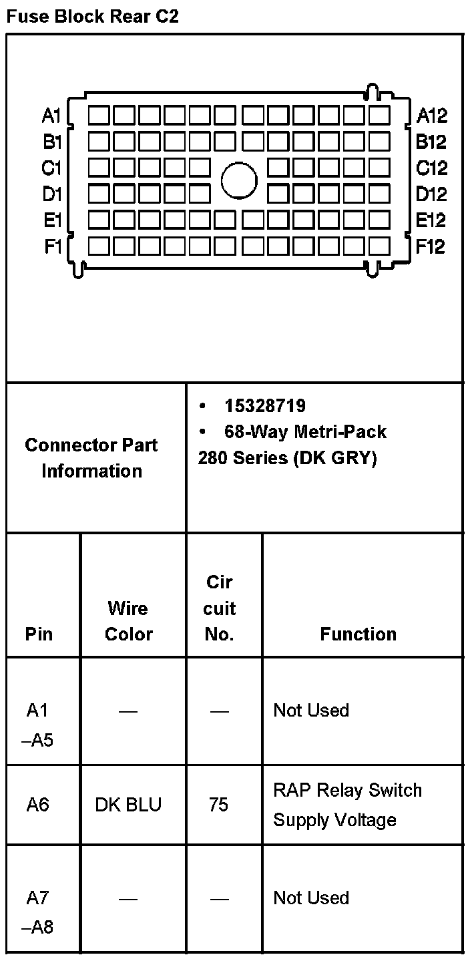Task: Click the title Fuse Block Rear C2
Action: pos(92,17)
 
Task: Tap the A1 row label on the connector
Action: pos(51,116)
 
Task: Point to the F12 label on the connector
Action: pos(431,247)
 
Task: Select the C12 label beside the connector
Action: pos(431,168)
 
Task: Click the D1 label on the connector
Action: pos(51,194)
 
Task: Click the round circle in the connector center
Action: pos(239,181)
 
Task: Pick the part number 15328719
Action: pos(265,405)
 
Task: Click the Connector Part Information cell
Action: pos(91,457)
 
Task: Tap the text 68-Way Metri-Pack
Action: pos(305,431)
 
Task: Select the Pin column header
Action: pos(39,634)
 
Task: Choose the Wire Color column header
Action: pos(128,620)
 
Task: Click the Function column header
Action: pos(358,634)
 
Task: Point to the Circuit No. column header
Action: pos(220,608)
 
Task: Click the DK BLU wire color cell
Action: pos(128,805)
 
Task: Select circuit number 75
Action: pos(218,805)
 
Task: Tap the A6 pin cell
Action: pos(38,805)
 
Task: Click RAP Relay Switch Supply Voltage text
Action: pos(347,805)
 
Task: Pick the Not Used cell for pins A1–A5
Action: pos(311,711)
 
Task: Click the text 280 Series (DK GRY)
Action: pos(287,459)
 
